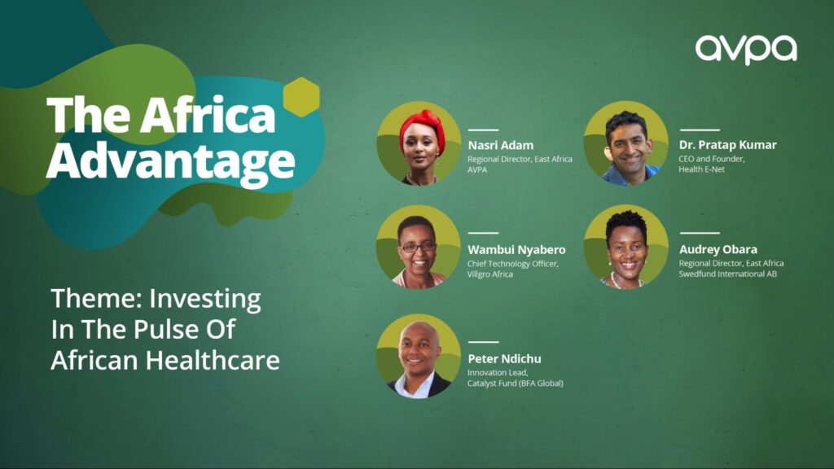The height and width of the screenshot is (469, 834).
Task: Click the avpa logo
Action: [746, 50]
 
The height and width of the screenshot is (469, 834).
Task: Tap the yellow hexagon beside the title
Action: [301, 97]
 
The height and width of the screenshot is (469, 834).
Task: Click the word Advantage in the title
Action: [170, 161]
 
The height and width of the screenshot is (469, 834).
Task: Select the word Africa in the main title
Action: [208, 115]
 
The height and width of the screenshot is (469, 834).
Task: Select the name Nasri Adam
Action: [501, 145]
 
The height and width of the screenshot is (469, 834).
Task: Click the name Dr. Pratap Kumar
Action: [727, 145]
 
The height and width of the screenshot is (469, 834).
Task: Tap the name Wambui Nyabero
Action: [516, 249]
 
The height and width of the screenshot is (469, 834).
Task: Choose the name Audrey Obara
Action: [718, 249]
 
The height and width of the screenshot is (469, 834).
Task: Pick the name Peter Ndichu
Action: [504, 359]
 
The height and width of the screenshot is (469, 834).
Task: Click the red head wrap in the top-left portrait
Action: [423, 128]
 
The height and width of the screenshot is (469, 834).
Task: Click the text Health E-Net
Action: [701, 169]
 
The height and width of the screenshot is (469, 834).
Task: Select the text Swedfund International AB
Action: [727, 274]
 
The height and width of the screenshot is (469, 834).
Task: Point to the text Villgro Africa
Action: [489, 274]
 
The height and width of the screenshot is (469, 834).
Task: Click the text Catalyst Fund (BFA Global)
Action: [515, 384]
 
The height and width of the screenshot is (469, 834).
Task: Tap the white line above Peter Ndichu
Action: [483, 342]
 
